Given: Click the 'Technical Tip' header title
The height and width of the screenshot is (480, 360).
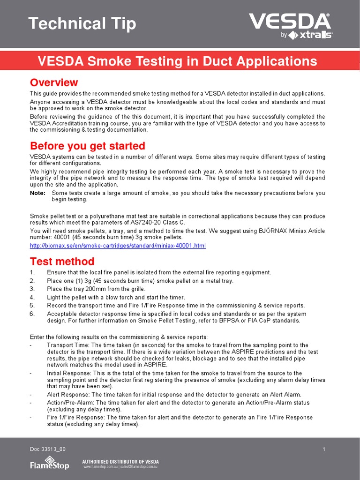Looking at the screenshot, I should click(82, 23).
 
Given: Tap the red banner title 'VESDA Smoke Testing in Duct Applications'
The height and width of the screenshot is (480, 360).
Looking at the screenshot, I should click(177, 61).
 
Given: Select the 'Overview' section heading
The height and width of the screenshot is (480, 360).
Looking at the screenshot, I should click(54, 82).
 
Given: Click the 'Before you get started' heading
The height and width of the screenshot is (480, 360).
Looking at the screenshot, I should click(88, 146).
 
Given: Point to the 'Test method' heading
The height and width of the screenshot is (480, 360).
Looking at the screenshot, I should click(62, 261).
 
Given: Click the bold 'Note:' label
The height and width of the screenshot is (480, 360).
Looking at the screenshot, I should click(37, 193).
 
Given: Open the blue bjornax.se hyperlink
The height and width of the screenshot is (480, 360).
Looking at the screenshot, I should click(118, 246).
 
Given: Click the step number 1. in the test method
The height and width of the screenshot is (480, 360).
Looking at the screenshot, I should click(32, 273).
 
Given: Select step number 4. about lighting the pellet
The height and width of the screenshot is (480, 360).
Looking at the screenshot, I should click(32, 297).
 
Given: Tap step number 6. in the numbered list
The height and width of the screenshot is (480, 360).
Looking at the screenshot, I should click(32, 314).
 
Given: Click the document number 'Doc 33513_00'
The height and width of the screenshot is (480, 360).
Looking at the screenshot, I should click(48, 450).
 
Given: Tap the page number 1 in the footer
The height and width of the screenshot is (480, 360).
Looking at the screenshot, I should click(324, 450).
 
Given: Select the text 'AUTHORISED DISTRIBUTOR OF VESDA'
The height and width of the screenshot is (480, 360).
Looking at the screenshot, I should click(120, 462).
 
